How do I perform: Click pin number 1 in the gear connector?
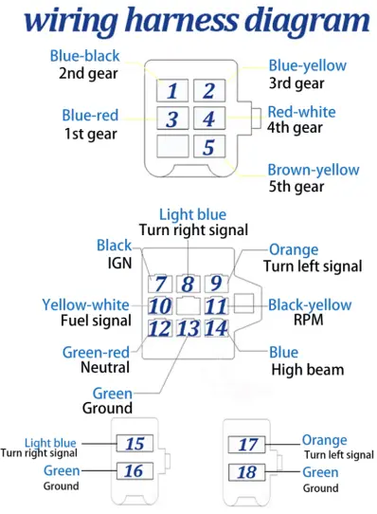coord(172,90)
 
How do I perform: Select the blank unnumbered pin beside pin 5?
coord(172,147)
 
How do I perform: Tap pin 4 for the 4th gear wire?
coord(209,119)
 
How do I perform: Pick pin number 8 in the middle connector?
coord(188,284)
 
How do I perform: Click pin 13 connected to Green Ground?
coord(188,328)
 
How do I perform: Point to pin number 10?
coord(160,306)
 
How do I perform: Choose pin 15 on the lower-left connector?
coord(135,444)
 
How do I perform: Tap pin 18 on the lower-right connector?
coord(246,472)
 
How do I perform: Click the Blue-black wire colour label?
coord(84,56)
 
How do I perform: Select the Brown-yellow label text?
coord(314,170)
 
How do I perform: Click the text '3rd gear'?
coord(296,83)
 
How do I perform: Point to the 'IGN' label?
coord(120,263)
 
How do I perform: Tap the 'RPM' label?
coord(308,320)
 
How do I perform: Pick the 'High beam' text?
coord(308,370)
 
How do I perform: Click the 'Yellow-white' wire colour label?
coord(85,304)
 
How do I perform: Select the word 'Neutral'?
coord(105,367)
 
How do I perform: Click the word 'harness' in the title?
coord(181,20)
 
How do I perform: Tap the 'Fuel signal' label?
coord(96,321)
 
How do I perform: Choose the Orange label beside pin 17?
coord(324,440)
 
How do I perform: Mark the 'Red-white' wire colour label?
coord(301,112)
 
